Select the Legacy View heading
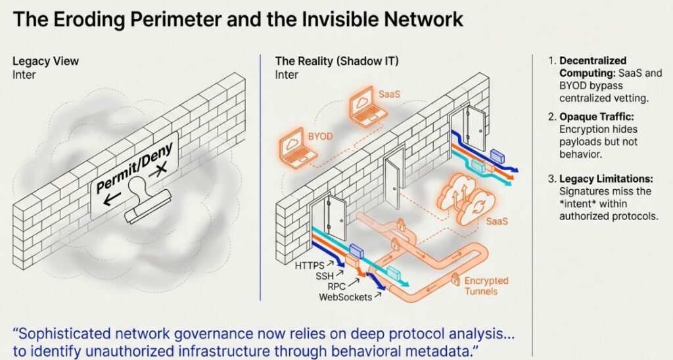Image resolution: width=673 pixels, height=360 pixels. click(x=46, y=61)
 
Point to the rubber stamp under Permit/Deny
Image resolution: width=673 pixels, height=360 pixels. click(x=148, y=204)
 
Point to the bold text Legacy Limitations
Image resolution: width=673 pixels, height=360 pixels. click(x=604, y=178)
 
